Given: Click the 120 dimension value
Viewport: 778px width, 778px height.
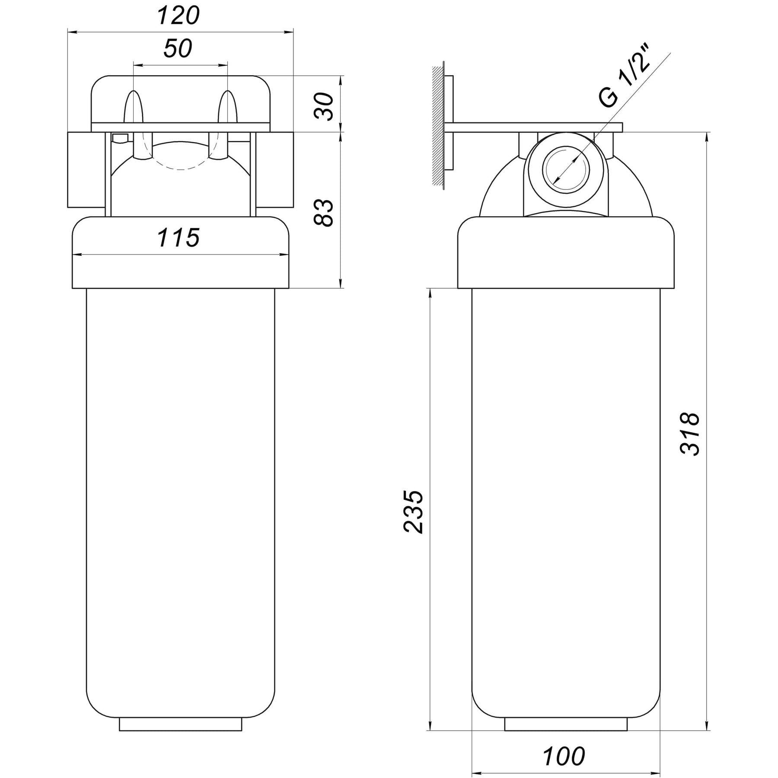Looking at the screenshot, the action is [178, 16].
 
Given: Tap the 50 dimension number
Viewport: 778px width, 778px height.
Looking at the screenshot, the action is [178, 48].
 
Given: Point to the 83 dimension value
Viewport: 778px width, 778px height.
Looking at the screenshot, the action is [324, 212].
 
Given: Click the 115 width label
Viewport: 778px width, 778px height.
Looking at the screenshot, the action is [179, 238].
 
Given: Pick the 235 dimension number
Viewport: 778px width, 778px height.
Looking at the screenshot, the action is [412, 512].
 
